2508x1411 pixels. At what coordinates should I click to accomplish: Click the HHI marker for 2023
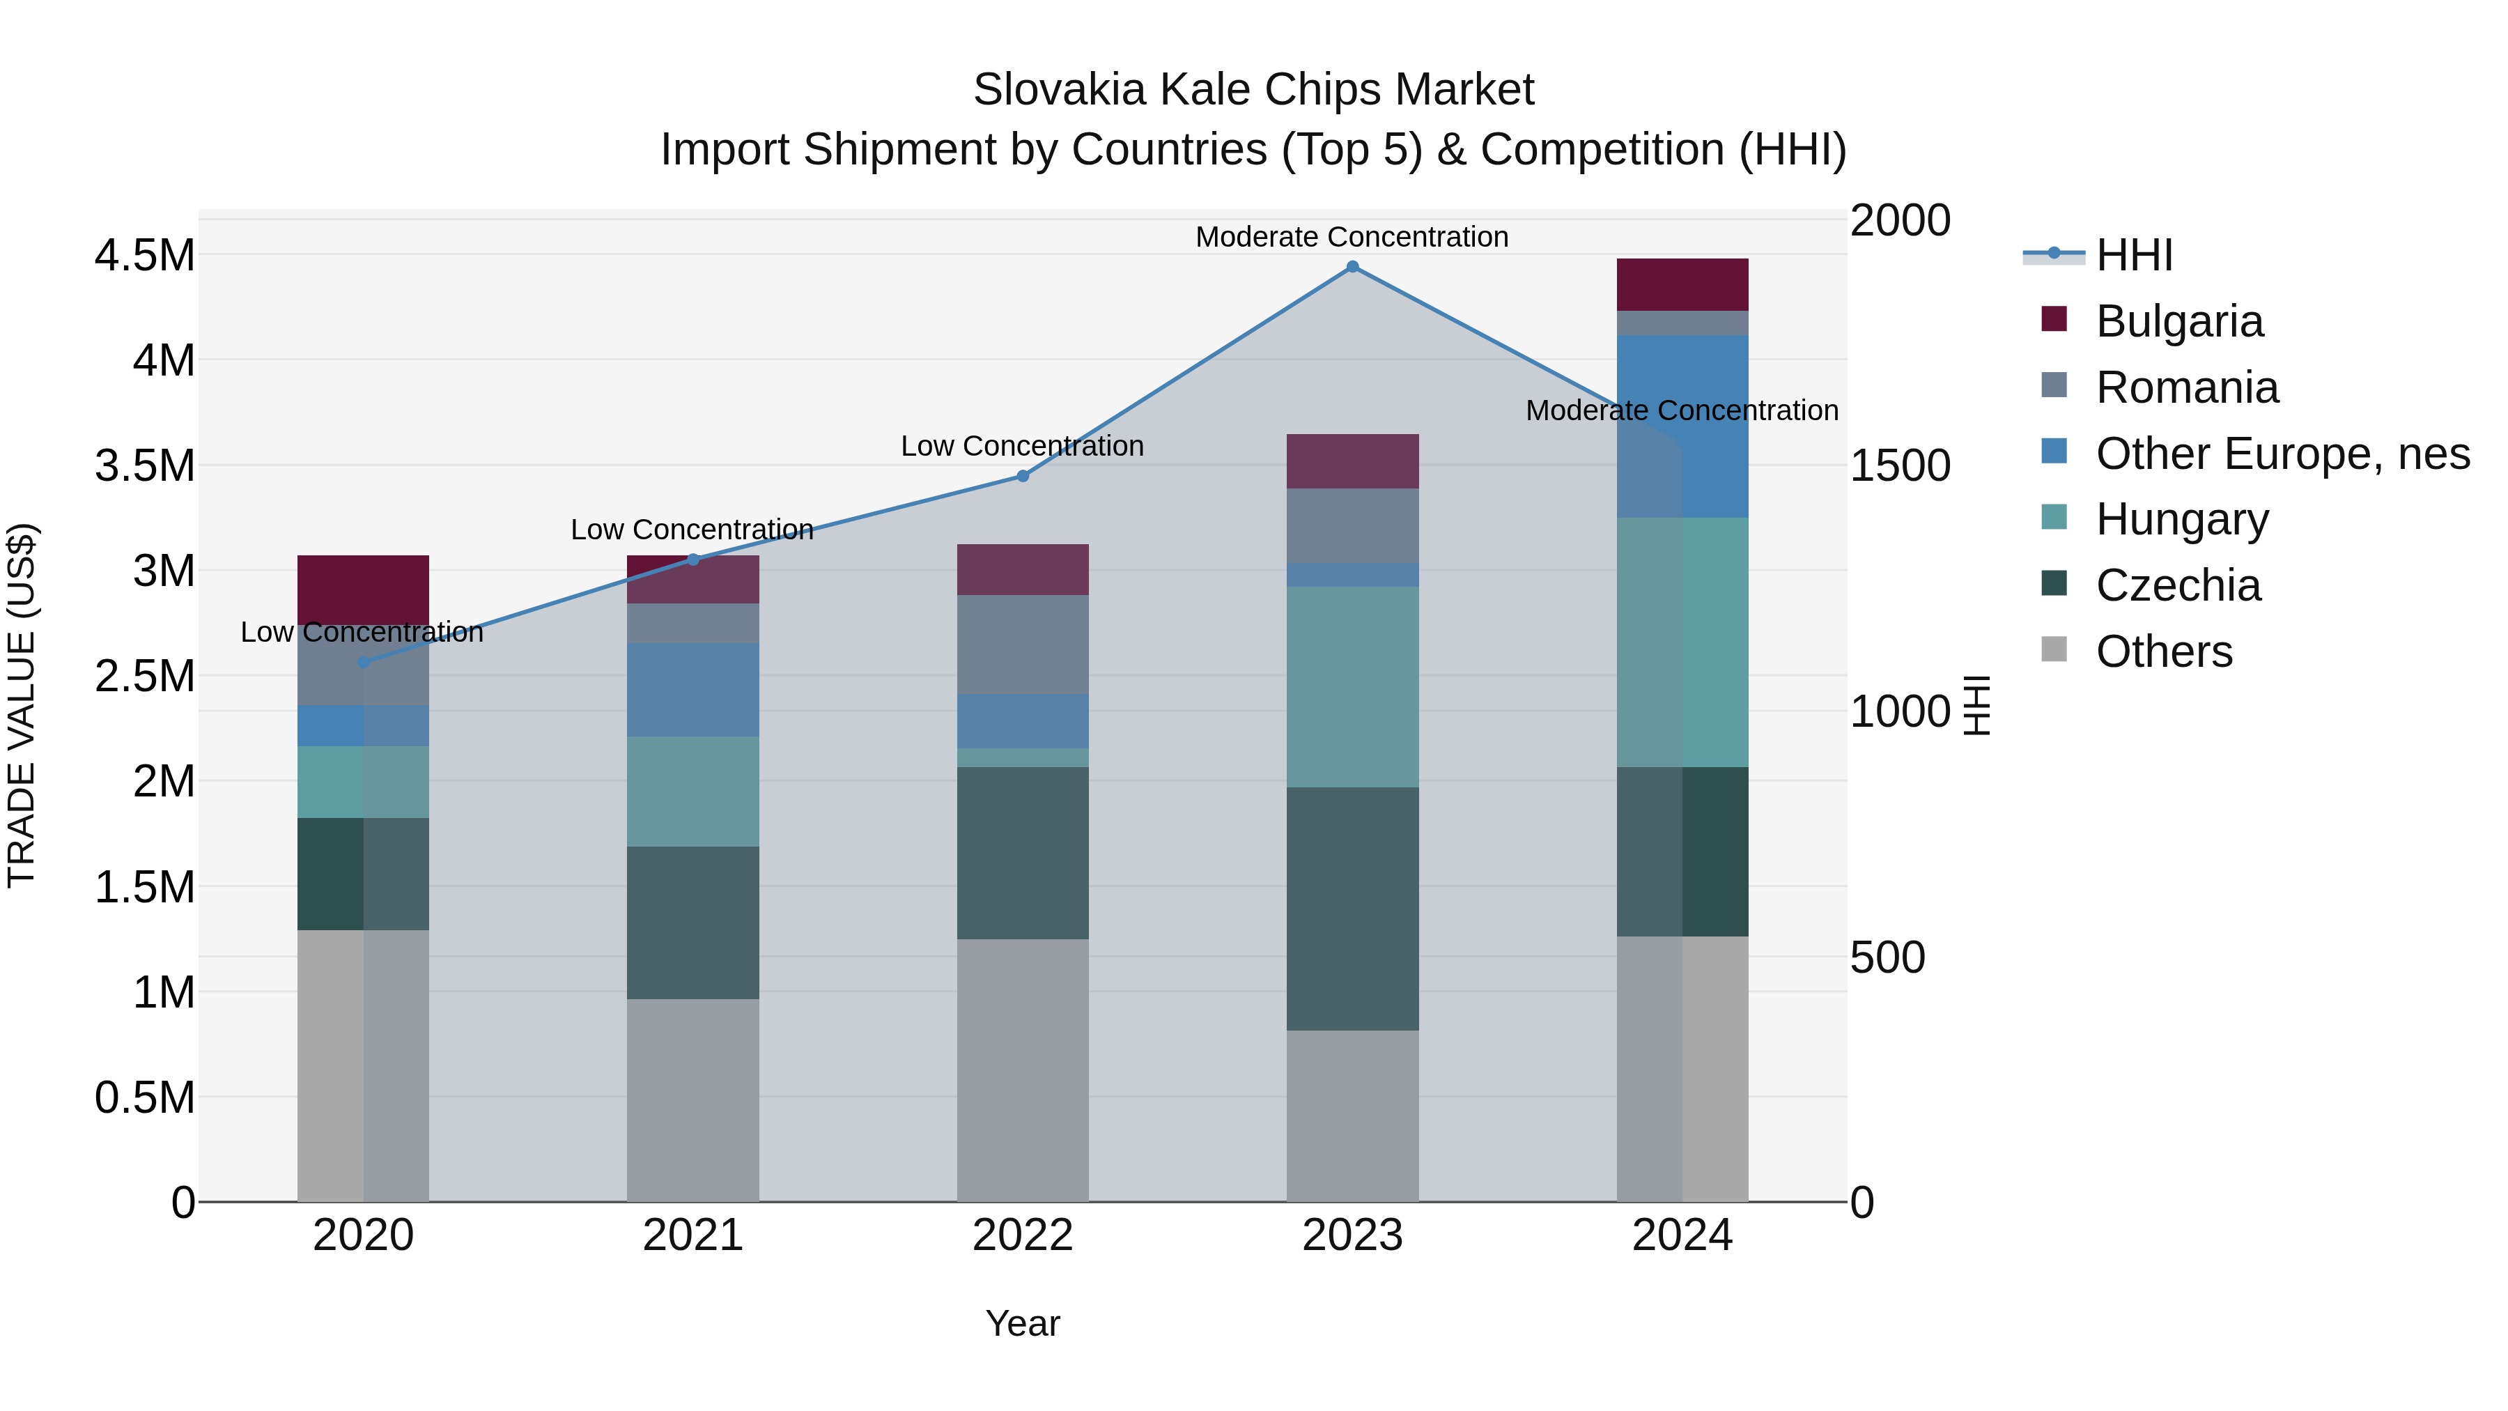pos(1352,267)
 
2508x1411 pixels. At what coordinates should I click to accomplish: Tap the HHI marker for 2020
pos(363,662)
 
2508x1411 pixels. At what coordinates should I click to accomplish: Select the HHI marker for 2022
pos(1022,476)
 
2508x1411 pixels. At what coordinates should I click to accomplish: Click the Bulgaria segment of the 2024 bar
pos(1682,284)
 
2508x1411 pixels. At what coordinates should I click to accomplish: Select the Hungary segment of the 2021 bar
pos(692,791)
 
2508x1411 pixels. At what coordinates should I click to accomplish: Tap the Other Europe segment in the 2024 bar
pos(1682,426)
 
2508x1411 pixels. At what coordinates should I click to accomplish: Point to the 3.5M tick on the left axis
pos(144,465)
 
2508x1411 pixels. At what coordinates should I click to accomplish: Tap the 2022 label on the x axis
pos(1022,1235)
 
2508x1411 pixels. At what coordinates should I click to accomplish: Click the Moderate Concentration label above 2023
pos(1352,237)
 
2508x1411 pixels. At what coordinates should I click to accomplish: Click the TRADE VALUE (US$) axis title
pos(22,705)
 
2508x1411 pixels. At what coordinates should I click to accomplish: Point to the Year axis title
pos(1022,1323)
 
